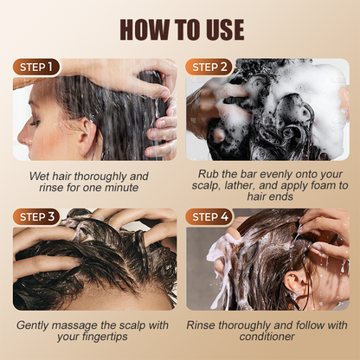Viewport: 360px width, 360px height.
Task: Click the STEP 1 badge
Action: tap(36, 67)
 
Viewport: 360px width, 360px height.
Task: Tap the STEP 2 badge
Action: tap(209, 67)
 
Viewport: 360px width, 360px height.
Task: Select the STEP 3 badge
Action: tap(36, 217)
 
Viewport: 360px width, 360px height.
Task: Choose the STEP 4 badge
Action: tap(209, 217)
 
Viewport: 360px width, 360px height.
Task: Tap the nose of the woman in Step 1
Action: tap(24, 137)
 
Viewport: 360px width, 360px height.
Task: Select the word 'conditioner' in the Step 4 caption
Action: tap(267, 337)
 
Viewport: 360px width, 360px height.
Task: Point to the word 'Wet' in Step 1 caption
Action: tap(37, 176)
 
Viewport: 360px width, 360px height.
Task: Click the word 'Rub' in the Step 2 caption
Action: tap(206, 174)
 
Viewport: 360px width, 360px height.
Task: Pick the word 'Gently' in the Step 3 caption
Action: tap(32, 325)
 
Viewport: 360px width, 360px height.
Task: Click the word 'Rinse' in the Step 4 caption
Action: tap(201, 325)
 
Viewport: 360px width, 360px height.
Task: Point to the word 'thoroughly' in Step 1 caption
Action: tap(100, 177)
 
